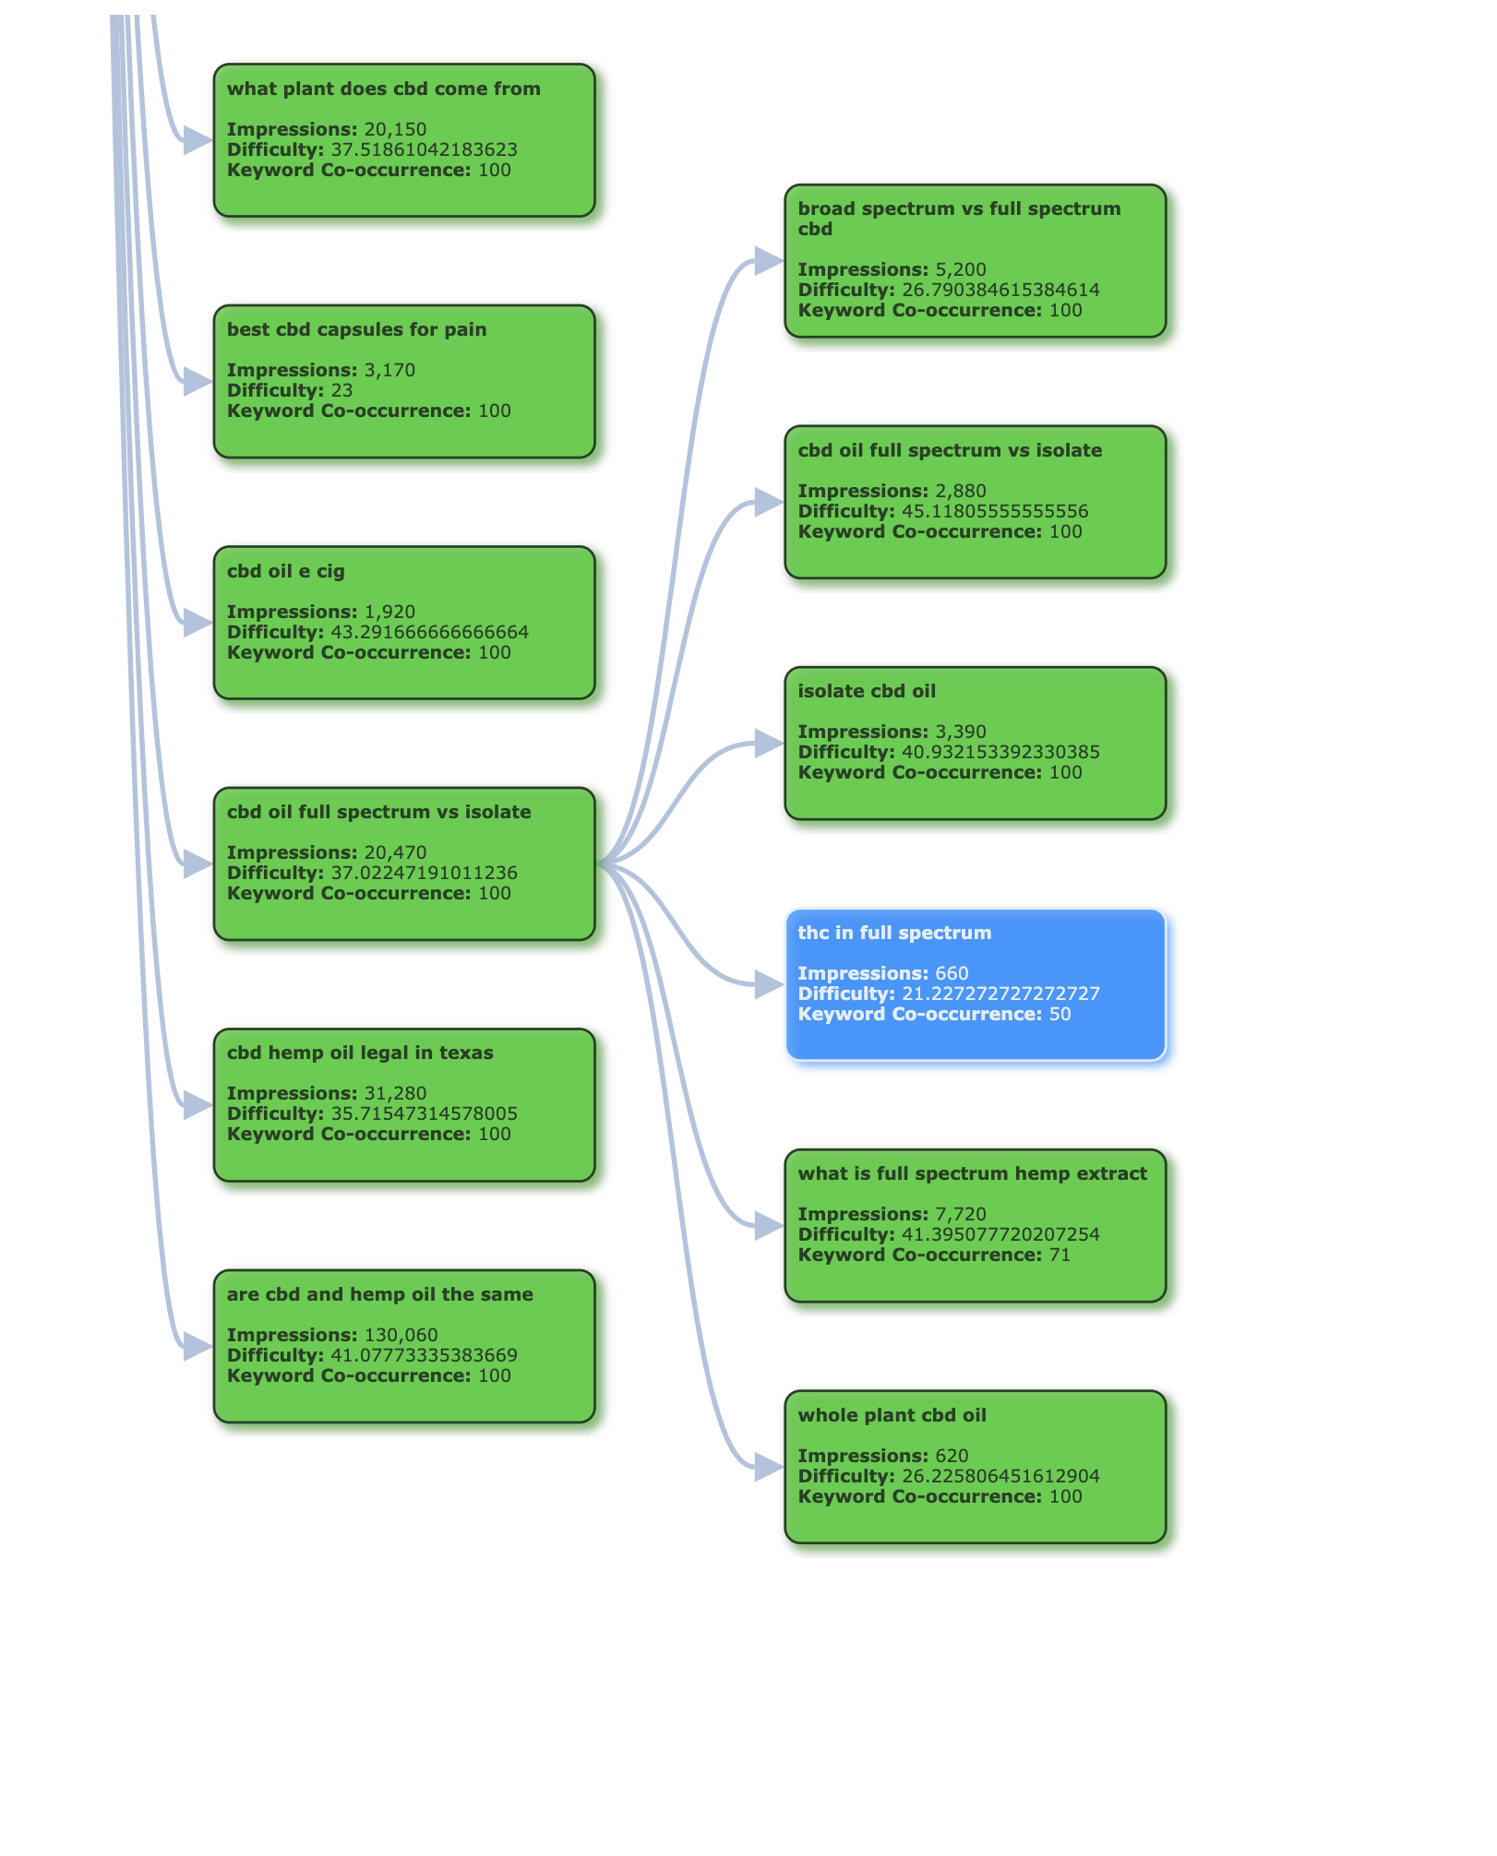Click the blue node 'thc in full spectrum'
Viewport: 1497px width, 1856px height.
976,985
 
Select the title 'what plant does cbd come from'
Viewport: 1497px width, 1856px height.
384,89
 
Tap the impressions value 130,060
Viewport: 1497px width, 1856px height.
401,1335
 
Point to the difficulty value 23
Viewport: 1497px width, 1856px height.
341,390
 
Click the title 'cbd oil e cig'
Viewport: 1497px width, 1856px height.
286,572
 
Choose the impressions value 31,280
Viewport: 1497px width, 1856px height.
395,1093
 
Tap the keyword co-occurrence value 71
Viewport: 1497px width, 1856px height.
1060,1255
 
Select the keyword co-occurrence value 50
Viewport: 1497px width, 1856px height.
1060,1014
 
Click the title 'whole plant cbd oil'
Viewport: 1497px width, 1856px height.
892,1415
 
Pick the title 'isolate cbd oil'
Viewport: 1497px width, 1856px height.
867,692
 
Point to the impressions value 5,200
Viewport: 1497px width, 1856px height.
961,269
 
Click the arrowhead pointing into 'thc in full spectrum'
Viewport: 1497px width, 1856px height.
770,985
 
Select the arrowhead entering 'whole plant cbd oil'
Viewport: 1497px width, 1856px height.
770,1467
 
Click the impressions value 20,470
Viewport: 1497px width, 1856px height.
395,852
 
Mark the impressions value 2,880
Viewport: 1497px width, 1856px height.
961,491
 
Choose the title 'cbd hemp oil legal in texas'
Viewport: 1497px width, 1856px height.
360,1053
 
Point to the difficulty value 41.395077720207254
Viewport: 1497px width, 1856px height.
1000,1234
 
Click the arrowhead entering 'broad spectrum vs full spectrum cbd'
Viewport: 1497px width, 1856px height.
770,261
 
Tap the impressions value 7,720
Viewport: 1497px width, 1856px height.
961,1214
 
